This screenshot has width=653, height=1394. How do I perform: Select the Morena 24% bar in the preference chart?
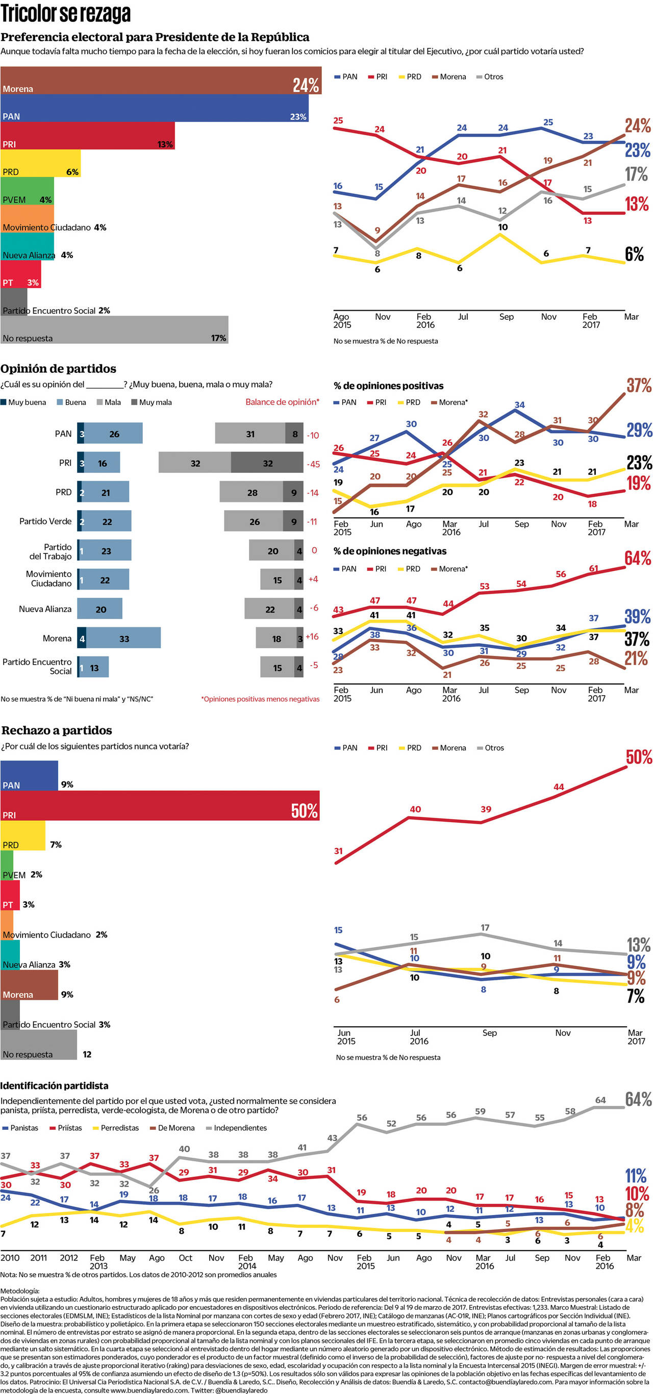pos(160,81)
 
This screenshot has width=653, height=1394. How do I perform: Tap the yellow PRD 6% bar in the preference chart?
pos(40,163)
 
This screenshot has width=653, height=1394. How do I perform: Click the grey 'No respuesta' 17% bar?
pos(114,330)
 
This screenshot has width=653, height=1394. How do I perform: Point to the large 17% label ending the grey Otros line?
pos(636,174)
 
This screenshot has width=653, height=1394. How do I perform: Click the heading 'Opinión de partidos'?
pos(58,369)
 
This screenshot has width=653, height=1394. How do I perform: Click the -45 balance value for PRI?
pos(313,464)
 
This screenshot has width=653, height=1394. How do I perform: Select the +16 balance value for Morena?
pos(312,637)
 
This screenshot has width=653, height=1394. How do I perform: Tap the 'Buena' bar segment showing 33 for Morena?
pos(123,638)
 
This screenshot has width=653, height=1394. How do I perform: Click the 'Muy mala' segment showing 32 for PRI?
pos(267,463)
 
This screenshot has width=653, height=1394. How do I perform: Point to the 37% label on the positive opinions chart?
pos(639,385)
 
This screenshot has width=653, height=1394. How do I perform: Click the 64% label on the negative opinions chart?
pos(637,558)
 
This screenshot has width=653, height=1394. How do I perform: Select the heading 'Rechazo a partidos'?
pos(56,730)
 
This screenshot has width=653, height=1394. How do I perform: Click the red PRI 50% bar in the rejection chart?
pos(160,805)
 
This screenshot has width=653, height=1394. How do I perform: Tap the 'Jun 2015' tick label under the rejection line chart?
pos(346,1036)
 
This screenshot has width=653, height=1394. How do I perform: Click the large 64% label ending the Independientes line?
pos(638,1099)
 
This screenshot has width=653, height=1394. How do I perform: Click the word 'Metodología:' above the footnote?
pos(20,1290)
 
